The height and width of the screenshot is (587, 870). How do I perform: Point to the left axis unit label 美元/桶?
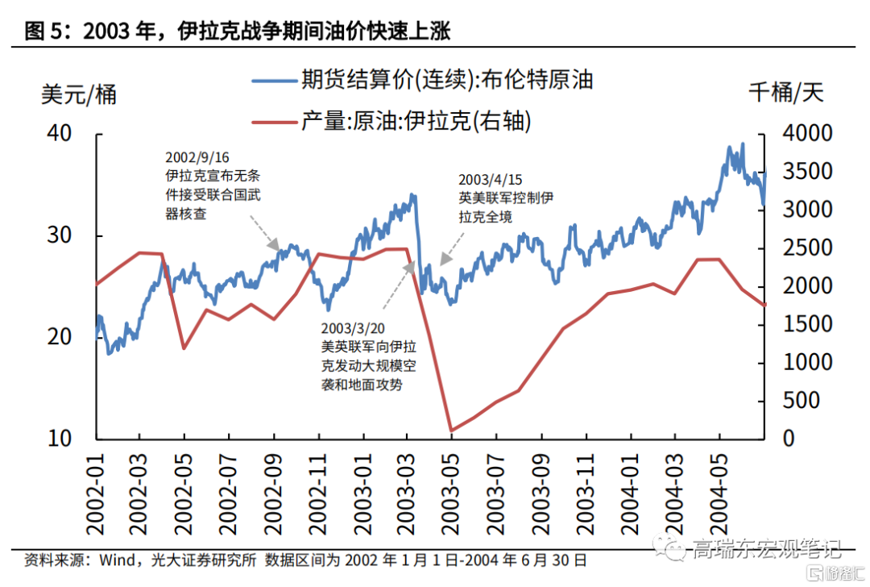[x=79, y=94]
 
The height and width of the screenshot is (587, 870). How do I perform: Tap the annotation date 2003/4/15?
[x=491, y=179]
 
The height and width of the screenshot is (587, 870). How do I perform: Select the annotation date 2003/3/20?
[x=352, y=329]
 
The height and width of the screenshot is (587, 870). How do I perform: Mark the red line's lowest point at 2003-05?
[x=452, y=431]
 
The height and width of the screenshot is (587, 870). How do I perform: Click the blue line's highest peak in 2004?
[x=742, y=144]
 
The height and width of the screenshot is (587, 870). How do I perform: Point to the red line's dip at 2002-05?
[x=184, y=348]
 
